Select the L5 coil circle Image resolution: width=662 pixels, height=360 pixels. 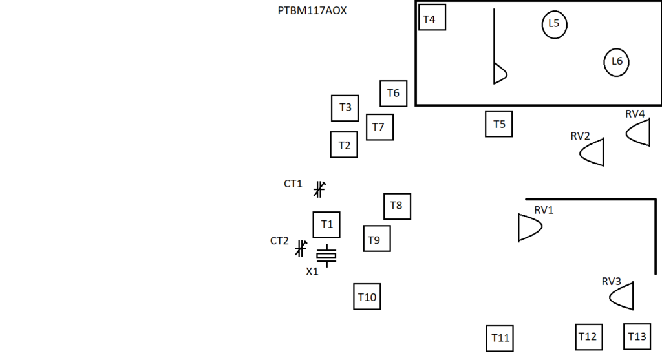pos(554,25)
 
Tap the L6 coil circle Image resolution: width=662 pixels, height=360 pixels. pos(617,62)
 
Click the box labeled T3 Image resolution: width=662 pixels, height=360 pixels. pos(345,108)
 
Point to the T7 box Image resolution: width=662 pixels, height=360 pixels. pos(379,127)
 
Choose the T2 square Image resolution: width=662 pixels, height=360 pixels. pos(344,145)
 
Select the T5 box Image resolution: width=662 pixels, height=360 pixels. pos(499,123)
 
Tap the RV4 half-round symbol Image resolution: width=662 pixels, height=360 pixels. pos(639,132)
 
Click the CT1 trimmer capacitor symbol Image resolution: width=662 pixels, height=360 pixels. pos(319,189)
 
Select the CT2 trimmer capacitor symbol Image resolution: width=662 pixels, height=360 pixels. pos(301,248)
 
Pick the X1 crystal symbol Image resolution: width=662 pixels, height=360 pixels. pos(326,256)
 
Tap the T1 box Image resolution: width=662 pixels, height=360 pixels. pos(326,224)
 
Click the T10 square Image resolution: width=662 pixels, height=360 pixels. pos(367,297)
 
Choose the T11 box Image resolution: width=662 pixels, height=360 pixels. pos(500,338)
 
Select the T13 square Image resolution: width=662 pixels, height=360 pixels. pos(637,337)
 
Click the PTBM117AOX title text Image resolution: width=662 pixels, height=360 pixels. pos(312,11)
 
